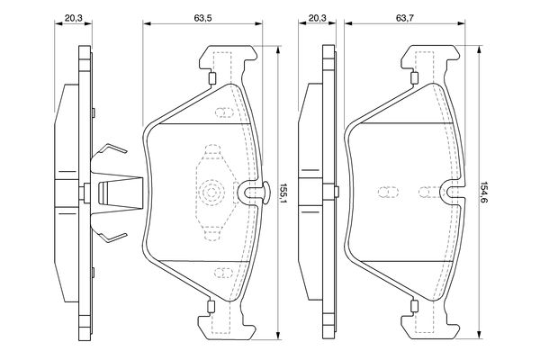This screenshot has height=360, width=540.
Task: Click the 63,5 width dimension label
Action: pyautogui.click(x=202, y=18)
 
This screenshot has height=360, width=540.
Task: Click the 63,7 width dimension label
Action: pyautogui.click(x=405, y=18)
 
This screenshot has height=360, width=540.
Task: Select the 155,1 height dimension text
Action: pyautogui.click(x=283, y=193)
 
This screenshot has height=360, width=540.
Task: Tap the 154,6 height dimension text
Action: pyautogui.click(x=484, y=193)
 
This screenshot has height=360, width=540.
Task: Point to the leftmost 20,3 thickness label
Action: pyautogui.click(x=74, y=18)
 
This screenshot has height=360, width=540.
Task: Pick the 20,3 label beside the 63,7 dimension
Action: pyautogui.click(x=317, y=18)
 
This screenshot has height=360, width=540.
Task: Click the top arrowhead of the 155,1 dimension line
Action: pyautogui.click(x=278, y=49)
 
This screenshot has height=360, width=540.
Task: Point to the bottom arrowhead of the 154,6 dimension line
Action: pyautogui.click(x=479, y=335)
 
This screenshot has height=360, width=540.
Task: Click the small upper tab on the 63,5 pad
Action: pyautogui.click(x=212, y=78)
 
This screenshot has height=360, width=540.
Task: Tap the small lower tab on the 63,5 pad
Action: pyautogui.click(x=211, y=306)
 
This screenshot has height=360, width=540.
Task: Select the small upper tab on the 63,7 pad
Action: pyautogui.click(x=415, y=78)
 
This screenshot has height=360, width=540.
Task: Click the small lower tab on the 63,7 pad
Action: pyautogui.click(x=414, y=306)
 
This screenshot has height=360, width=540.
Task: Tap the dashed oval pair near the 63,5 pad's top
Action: pyautogui.click(x=224, y=112)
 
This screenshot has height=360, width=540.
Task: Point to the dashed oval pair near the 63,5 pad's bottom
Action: pyautogui.click(x=223, y=273)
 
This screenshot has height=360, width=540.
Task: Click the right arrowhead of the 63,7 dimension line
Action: pyautogui.click(x=462, y=23)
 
